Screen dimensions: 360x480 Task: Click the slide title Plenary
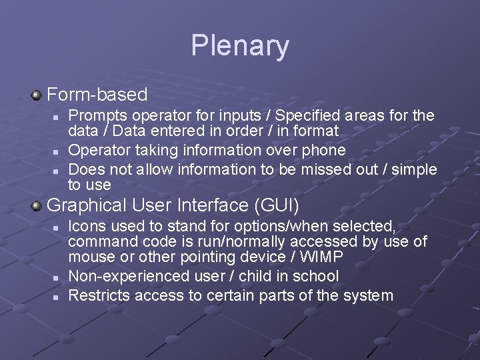(240, 46)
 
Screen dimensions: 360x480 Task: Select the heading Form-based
(97, 94)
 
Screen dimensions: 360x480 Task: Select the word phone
(325, 151)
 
